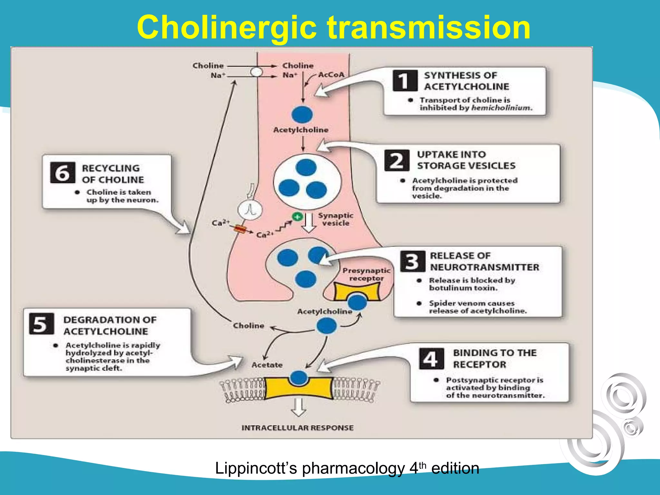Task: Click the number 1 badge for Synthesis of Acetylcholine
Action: tap(404, 81)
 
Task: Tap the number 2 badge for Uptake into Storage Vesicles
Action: tap(397, 160)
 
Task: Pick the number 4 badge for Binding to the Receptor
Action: tap(431, 359)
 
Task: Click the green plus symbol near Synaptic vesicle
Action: tap(297, 217)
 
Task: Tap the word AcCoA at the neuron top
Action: tap(331, 75)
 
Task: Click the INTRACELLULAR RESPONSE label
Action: tap(297, 428)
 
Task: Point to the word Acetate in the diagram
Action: tap(267, 365)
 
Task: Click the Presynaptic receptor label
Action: tap(366, 274)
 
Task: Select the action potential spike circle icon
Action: tap(250, 210)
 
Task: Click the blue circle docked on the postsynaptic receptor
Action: tap(299, 377)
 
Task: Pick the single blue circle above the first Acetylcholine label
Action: tap(302, 114)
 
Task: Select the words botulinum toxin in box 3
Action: tap(463, 288)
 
